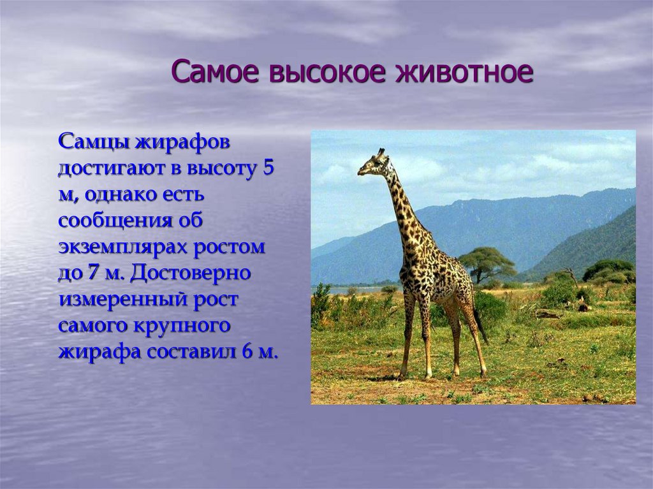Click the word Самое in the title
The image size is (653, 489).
[x=217, y=71]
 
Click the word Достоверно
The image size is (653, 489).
[x=190, y=274]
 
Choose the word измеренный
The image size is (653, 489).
[x=124, y=300]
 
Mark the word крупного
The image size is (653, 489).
[x=182, y=326]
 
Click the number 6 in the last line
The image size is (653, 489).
[x=247, y=351]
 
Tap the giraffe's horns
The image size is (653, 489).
[x=381, y=152]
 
